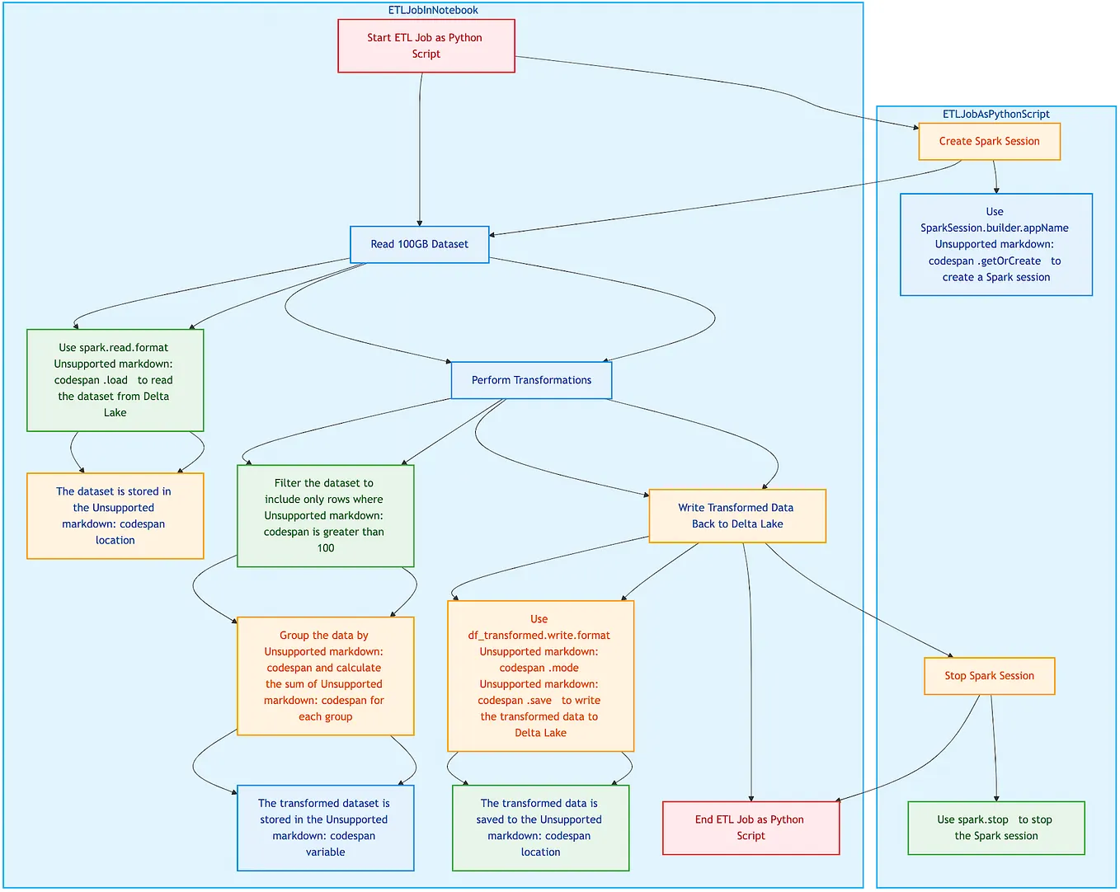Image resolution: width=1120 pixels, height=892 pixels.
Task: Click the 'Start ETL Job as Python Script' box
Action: coord(426,46)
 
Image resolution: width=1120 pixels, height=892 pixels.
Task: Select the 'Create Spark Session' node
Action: coord(989,142)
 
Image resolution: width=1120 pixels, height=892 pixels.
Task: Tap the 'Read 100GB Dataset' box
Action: coord(419,245)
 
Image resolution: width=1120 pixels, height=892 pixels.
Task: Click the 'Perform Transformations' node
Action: coord(531,381)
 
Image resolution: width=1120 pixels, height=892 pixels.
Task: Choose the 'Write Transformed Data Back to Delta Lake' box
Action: coord(736,516)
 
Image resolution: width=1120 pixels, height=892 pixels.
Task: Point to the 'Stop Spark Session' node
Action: coord(989,676)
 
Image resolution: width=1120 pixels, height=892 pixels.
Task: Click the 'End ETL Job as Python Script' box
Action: coord(750,828)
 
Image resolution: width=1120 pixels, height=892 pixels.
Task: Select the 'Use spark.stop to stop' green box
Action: coord(995,828)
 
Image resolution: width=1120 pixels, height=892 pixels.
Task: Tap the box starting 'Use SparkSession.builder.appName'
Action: coord(995,245)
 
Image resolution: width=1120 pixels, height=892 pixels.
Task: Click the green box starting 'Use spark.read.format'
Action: coord(115,380)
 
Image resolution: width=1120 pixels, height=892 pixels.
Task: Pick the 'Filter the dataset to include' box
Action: coord(325,516)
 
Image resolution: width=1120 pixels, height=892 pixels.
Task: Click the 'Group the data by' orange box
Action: coord(325,676)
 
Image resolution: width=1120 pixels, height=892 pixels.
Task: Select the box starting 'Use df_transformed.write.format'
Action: coord(540,676)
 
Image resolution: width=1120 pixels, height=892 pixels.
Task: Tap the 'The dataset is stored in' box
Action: coord(115,516)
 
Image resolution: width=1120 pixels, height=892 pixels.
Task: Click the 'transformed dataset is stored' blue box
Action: coord(325,828)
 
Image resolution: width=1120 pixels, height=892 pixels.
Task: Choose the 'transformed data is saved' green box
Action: coord(540,828)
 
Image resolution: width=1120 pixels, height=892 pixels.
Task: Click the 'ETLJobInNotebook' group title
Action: coord(433,11)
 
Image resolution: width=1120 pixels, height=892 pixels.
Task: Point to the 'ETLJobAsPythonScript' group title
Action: coord(995,115)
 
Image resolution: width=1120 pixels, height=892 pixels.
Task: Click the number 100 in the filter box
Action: coord(326,548)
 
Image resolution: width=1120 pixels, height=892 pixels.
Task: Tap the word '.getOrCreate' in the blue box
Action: coord(1010,261)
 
